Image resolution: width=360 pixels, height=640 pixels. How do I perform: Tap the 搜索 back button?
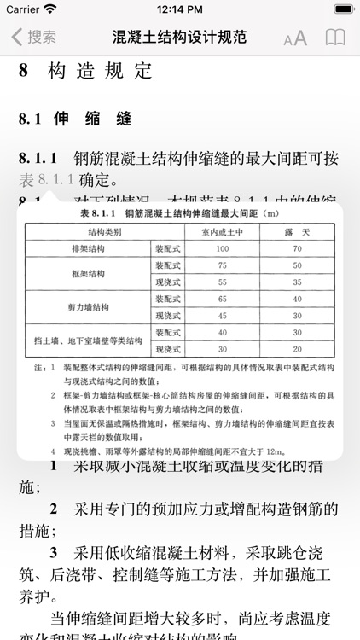click(x=34, y=38)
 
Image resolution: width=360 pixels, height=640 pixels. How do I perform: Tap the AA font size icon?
click(x=295, y=38)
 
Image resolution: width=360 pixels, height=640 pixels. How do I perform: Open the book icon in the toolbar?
click(x=336, y=38)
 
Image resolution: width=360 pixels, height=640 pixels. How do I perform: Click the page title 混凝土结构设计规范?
click(x=180, y=38)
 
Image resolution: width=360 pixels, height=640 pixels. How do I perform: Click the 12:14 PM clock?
click(x=179, y=9)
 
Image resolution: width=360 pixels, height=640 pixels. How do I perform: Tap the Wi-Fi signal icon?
click(x=50, y=9)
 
